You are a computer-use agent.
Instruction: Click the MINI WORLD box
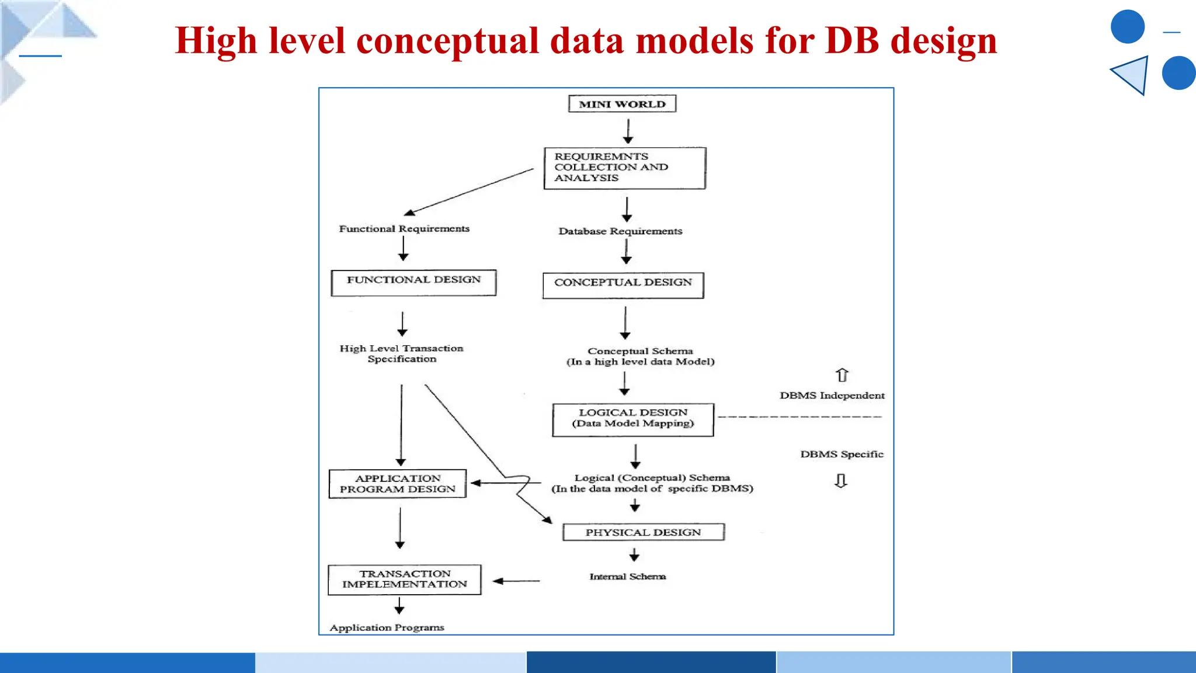pyautogui.click(x=622, y=104)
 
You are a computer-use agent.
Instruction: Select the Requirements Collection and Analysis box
pyautogui.click(x=624, y=168)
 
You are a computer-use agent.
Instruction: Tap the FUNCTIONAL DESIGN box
pyautogui.click(x=413, y=283)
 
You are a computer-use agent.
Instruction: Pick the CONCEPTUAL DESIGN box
pyautogui.click(x=623, y=285)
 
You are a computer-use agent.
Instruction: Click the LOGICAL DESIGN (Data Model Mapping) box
pyautogui.click(x=633, y=419)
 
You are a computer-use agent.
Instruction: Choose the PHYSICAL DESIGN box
pyautogui.click(x=643, y=532)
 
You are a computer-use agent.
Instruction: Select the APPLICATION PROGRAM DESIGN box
pyautogui.click(x=398, y=484)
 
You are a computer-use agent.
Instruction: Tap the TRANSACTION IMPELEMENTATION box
pyautogui.click(x=405, y=580)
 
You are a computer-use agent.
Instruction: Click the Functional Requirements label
pyautogui.click(x=404, y=228)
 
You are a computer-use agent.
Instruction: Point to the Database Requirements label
pyautogui.click(x=620, y=231)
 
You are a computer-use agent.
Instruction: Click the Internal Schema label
pyautogui.click(x=627, y=577)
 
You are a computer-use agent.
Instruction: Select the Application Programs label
pyautogui.click(x=387, y=627)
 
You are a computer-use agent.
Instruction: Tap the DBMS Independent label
pyautogui.click(x=832, y=396)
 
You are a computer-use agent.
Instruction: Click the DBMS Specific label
pyautogui.click(x=842, y=455)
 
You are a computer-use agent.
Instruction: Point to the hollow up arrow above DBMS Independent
pyautogui.click(x=842, y=375)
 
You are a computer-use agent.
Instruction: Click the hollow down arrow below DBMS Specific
pyautogui.click(x=841, y=481)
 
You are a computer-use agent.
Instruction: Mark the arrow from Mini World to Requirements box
pyautogui.click(x=628, y=131)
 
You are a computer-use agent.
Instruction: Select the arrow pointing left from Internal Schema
pyautogui.click(x=516, y=581)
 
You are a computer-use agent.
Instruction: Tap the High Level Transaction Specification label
pyautogui.click(x=402, y=353)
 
